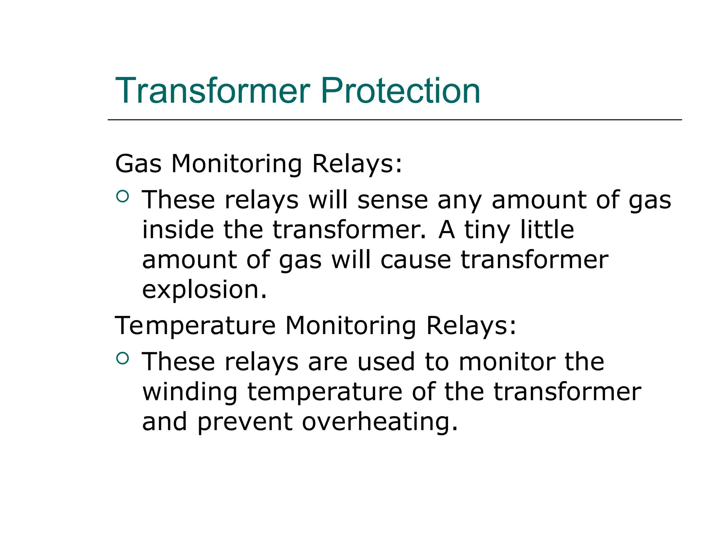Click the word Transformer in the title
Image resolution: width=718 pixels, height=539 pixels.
click(x=212, y=91)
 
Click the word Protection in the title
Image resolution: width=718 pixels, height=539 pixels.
click(x=400, y=91)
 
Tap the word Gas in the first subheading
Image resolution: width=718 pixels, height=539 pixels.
click(x=138, y=164)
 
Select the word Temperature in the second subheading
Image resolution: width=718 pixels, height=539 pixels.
click(x=195, y=326)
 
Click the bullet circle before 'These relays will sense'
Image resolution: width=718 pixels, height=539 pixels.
click(x=122, y=196)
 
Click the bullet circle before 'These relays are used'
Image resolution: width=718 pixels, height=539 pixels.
click(x=122, y=358)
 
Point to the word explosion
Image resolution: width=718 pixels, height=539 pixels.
click(x=204, y=290)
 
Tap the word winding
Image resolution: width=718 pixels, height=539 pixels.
click(x=190, y=392)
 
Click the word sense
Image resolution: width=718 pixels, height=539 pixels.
click(x=393, y=200)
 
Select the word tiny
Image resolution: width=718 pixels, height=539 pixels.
click(x=487, y=230)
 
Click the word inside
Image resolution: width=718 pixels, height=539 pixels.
click(x=178, y=230)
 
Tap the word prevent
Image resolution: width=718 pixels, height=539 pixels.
click(x=245, y=422)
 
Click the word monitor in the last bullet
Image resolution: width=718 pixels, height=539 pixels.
click(x=507, y=362)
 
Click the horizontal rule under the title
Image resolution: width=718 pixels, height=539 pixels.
click(x=394, y=120)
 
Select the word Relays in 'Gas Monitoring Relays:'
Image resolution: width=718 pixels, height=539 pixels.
click(x=357, y=164)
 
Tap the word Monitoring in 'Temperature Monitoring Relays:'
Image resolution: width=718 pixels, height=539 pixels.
click(x=351, y=326)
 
